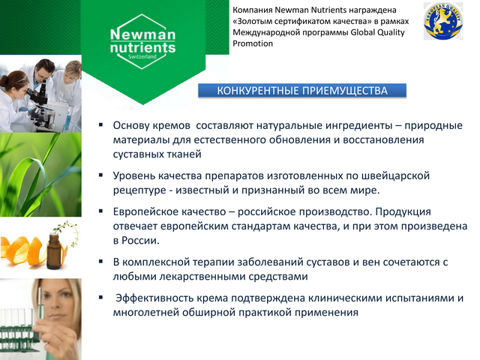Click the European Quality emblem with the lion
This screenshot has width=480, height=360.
pos(443,21)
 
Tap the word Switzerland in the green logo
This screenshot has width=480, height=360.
pos(142,57)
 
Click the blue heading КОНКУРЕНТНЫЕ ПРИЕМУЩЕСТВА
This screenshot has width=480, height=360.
pos(302,91)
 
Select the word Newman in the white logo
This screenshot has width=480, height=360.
pos(142,34)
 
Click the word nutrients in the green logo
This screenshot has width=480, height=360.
pos(142,48)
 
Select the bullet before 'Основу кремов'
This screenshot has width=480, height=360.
pos(100,124)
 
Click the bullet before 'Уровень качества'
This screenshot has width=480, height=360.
pos(100,175)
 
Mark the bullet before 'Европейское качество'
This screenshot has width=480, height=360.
pos(100,211)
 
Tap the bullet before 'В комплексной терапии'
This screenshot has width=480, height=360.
pos(100,262)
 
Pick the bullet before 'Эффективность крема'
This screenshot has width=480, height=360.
pos(100,297)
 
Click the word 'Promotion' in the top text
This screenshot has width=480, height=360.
pos(253,43)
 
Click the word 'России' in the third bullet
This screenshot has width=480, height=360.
pos(140,240)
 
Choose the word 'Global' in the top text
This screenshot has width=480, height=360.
pos(362,32)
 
